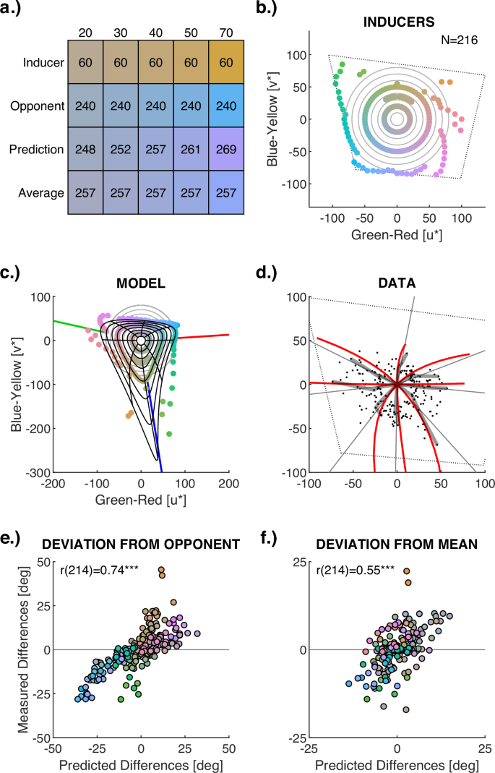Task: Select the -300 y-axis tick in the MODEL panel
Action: [33, 472]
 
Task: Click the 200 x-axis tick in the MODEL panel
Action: [229, 484]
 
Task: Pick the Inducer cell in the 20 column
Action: [85, 62]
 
